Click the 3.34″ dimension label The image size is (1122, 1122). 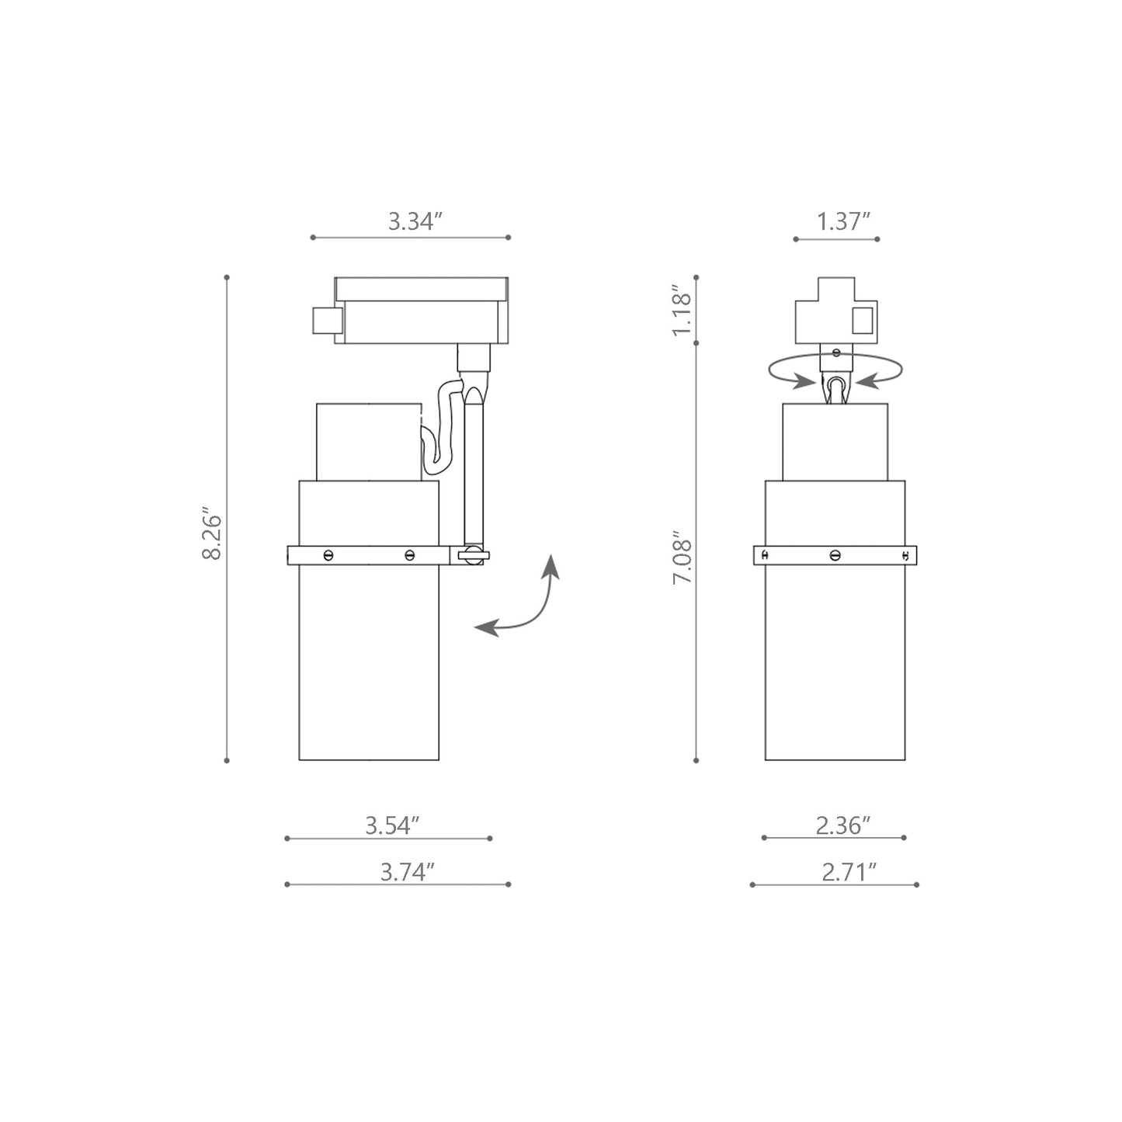[415, 221]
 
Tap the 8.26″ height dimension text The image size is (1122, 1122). [211, 535]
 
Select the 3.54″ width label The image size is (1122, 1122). [392, 825]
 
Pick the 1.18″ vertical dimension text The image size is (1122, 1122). [681, 311]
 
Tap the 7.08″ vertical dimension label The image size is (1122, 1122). [681, 558]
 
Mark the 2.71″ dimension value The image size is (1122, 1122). [849, 872]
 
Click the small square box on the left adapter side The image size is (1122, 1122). [327, 320]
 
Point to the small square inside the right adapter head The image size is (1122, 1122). [862, 320]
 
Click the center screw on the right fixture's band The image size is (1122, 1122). [835, 555]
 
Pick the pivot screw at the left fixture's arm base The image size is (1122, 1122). [471, 555]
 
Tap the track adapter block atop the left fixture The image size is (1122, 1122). [419, 311]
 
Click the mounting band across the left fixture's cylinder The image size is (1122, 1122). [368, 555]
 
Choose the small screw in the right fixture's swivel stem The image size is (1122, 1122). [835, 353]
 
